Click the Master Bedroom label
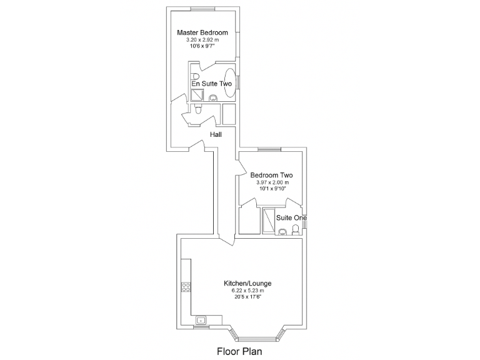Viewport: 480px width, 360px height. point(202,32)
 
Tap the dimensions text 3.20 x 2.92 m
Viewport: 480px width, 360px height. point(202,39)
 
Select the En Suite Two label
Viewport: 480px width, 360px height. point(212,83)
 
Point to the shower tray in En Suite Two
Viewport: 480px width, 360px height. point(197,94)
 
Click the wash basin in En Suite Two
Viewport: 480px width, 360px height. point(213,97)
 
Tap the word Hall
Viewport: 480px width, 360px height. point(216,134)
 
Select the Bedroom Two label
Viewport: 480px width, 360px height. point(272,176)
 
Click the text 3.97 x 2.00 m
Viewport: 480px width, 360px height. point(272,182)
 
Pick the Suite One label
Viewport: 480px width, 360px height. point(292,217)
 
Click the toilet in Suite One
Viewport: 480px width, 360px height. point(295,230)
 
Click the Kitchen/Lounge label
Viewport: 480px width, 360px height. point(247,284)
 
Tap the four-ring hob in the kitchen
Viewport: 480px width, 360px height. point(186,287)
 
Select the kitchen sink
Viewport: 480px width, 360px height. point(201,321)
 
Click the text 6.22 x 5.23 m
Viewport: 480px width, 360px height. point(247,291)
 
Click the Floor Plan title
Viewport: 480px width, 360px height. point(239,351)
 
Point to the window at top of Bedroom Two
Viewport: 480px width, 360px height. point(269,149)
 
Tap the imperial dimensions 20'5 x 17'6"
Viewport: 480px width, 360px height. point(247,297)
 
